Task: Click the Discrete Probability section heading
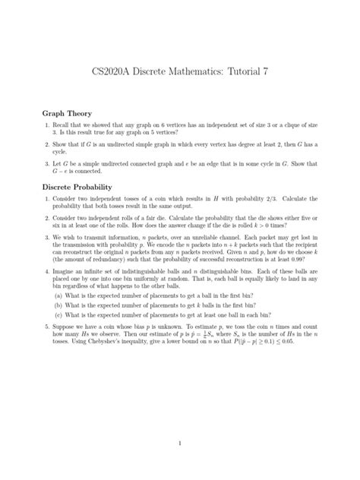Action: click(84, 187)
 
